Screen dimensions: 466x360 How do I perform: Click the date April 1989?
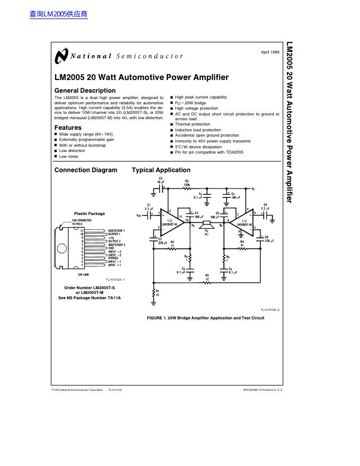coord(270,51)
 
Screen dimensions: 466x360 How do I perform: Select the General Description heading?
coord(85,91)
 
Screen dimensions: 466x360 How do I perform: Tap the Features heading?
coord(68,128)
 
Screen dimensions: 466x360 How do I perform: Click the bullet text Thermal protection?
coord(193,124)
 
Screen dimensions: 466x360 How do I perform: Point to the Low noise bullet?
coord(68,156)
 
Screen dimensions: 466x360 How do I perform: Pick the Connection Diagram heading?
coord(86,170)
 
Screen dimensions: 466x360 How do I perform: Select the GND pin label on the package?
coord(112,248)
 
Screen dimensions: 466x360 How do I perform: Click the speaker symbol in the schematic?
coord(207,225)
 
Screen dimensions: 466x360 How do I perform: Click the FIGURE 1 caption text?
coord(205,318)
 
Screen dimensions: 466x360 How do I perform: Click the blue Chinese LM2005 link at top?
coord(58,14)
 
